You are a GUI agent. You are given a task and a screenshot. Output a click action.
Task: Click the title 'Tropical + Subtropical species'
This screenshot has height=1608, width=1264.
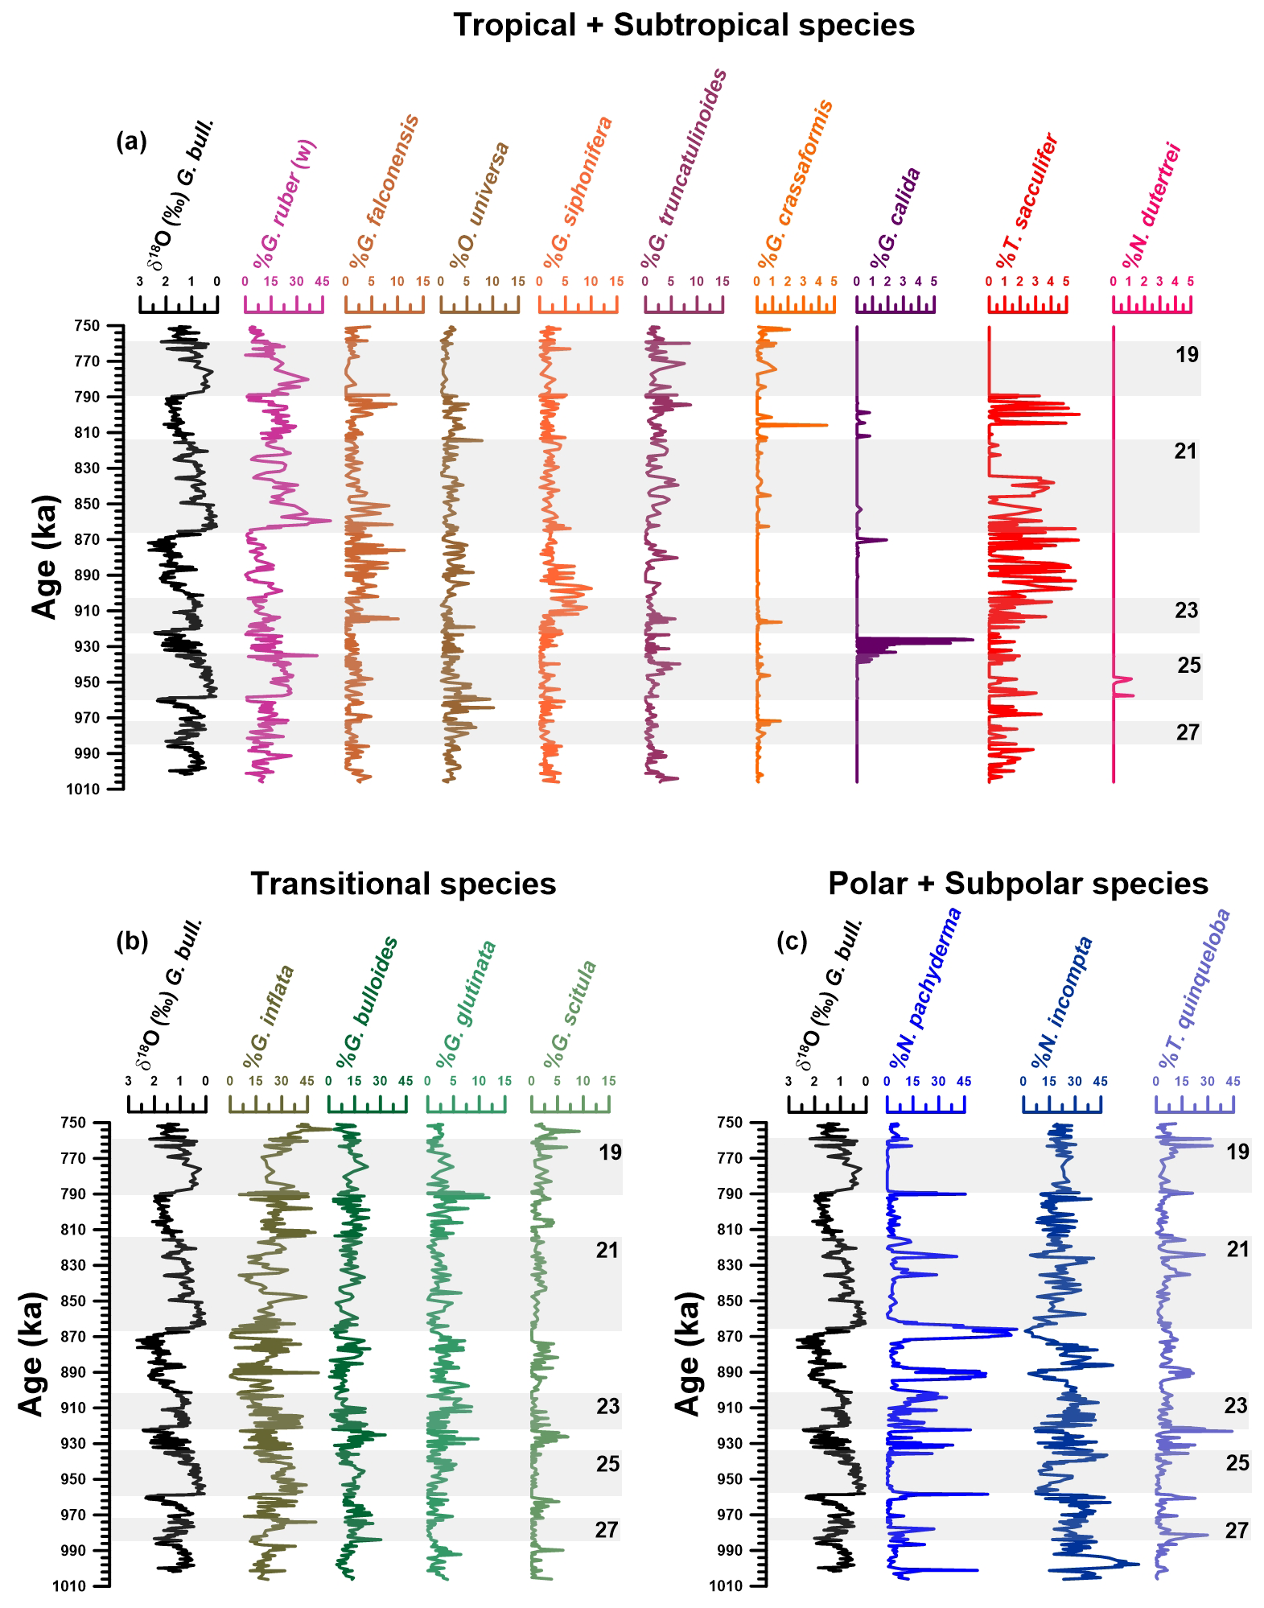point(684,25)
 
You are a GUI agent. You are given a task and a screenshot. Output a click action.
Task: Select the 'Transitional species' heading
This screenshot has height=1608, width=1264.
point(403,884)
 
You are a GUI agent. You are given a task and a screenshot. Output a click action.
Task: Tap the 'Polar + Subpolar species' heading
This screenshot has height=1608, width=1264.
point(1018,884)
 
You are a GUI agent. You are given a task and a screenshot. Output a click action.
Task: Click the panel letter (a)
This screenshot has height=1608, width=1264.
point(132,142)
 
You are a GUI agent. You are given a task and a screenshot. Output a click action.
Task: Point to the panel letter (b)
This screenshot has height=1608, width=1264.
point(132,941)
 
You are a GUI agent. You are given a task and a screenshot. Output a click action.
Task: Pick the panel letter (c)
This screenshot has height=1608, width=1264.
point(792,941)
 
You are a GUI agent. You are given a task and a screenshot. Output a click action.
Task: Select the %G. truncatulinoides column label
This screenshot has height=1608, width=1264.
point(684,169)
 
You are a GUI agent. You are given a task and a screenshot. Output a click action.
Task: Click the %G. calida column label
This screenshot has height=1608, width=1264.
point(895,219)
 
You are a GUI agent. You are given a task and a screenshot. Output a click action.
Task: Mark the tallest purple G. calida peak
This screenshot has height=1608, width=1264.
point(970,640)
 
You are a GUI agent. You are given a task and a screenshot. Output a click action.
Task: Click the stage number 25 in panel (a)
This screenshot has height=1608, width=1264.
point(1189,666)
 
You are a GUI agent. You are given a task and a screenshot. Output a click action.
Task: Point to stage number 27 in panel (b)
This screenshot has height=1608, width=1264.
point(607,1530)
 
